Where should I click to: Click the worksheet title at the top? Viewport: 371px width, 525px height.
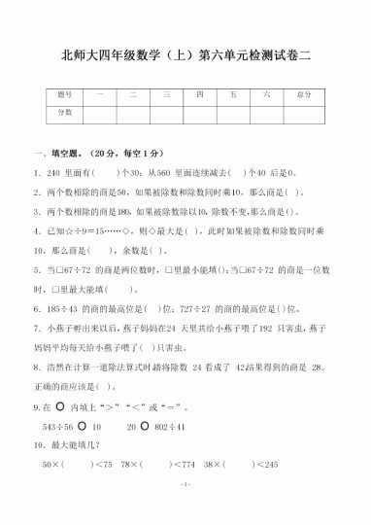pyautogui.click(x=185, y=55)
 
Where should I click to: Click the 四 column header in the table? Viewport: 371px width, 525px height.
pyautogui.click(x=199, y=94)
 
